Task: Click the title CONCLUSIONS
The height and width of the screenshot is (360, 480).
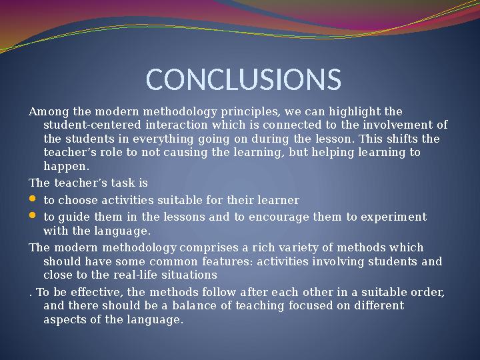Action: [243, 79]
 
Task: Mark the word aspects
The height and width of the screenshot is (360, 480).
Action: [65, 320]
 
